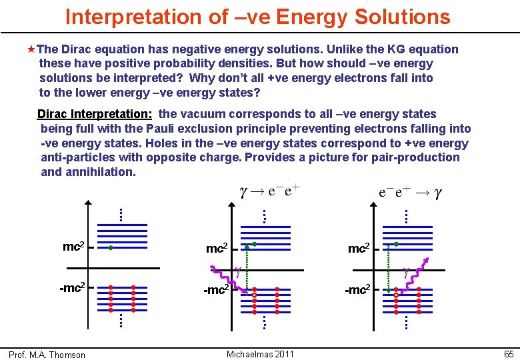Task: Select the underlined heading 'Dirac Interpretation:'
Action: pos(95,114)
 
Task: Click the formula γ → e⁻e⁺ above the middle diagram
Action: pos(269,192)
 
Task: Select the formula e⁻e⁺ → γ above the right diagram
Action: pos(411,193)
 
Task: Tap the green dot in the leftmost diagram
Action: pos(111,247)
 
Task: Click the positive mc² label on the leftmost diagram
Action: pos(73,247)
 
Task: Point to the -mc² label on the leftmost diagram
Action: pos(71,288)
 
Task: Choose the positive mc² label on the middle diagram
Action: pos(217,249)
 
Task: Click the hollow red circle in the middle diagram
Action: pos(254,294)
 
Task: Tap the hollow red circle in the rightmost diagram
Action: pos(396,294)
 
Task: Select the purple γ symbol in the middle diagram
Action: pos(237,271)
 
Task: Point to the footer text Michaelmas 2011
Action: pos(260,354)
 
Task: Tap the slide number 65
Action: pos(508,354)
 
